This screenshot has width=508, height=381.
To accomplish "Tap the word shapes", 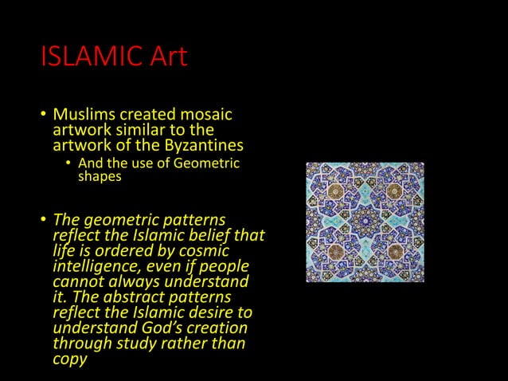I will click(100, 177).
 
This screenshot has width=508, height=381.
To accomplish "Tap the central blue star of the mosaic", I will click(365, 222).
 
